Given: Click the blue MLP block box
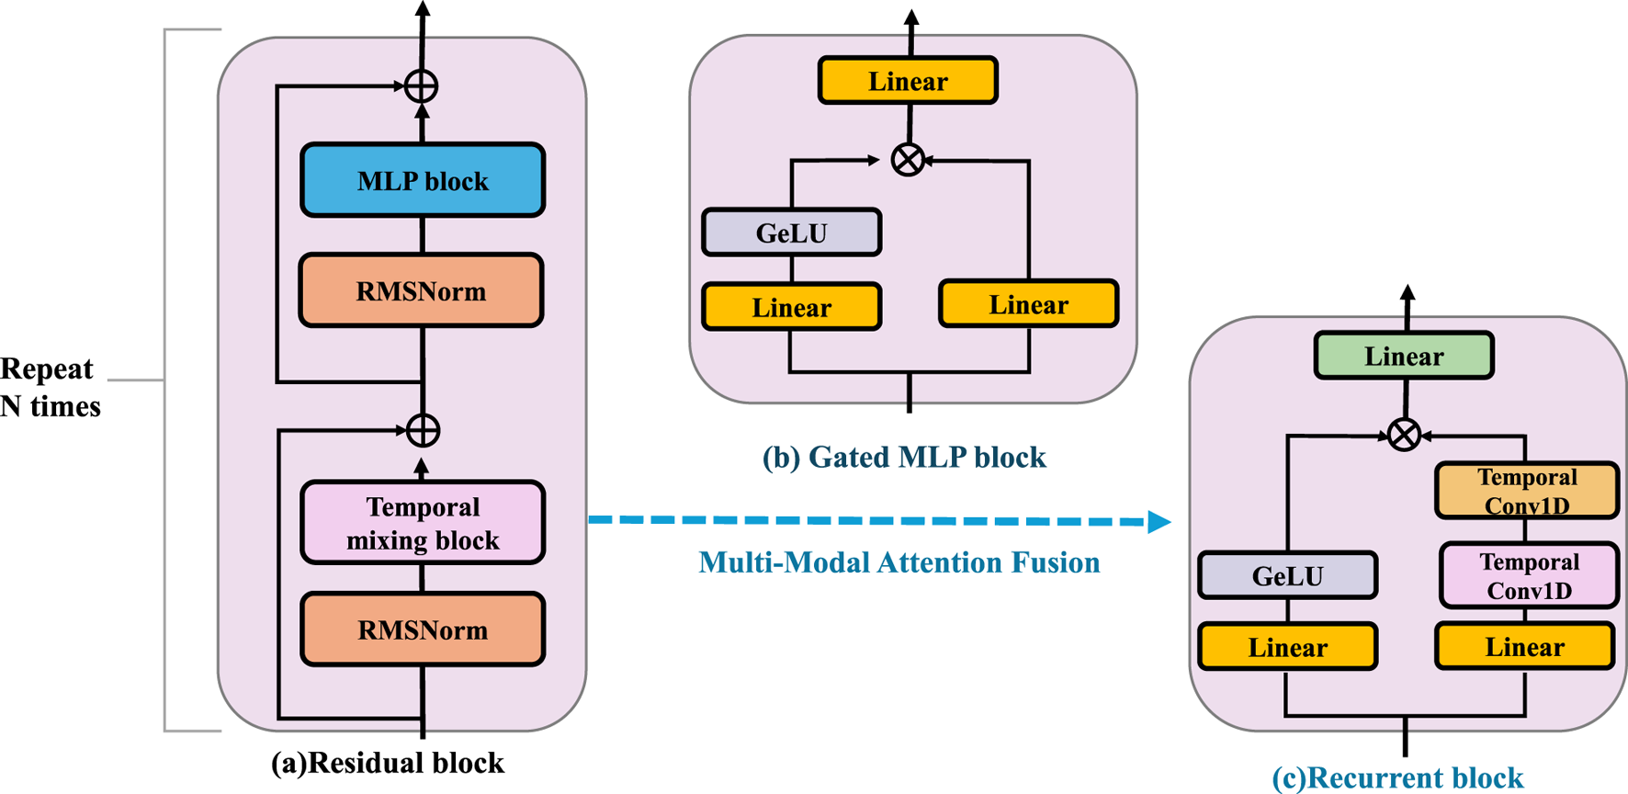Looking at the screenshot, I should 423,180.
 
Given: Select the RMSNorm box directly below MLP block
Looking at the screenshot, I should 422,291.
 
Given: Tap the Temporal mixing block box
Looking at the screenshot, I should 423,523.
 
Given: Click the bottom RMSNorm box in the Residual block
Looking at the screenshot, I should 423,630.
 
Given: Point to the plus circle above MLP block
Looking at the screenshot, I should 421,86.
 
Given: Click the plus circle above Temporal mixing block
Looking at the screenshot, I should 423,430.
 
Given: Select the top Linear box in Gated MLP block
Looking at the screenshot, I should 908,81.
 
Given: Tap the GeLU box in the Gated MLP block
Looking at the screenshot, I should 791,233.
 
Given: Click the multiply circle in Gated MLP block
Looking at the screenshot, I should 908,160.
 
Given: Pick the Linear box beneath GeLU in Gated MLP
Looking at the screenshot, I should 791,307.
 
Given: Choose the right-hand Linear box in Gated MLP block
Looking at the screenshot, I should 1028,304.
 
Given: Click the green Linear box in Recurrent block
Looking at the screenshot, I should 1404,356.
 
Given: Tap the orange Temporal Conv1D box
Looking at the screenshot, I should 1526,491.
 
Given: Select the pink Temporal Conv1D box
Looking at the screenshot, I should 1529,575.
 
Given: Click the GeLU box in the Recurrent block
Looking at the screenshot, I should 1287,575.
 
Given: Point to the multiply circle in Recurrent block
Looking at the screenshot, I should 1404,434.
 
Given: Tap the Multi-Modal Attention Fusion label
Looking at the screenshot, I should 899,562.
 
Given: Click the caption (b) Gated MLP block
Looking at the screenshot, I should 904,457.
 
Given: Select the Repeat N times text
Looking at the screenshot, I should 50,387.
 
